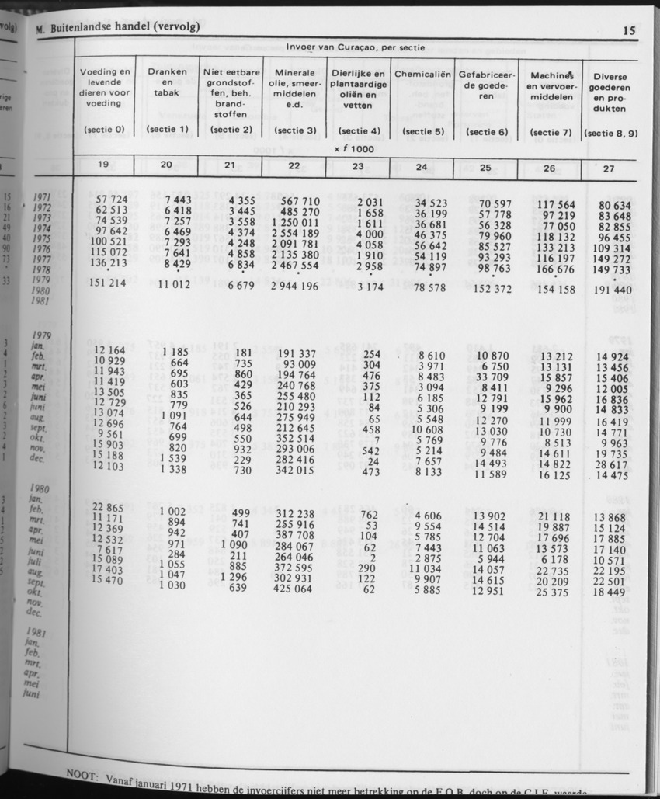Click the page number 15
[629, 32]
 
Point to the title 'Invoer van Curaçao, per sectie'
[355, 47]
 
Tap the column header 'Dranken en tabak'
[166, 82]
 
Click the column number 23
[358, 165]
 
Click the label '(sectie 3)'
[294, 131]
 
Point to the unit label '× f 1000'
[354, 148]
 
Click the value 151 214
[107, 284]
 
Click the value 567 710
[298, 202]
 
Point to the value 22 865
[108, 507]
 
